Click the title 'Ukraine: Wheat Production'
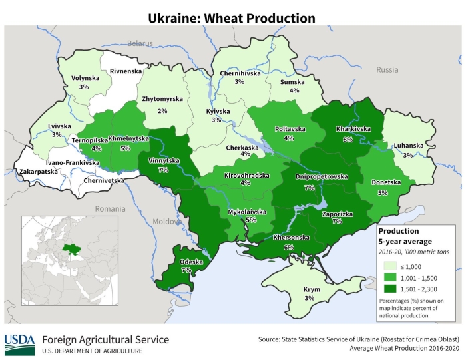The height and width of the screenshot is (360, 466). pyautogui.click(x=232, y=17)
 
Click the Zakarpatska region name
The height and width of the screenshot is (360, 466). pyautogui.click(x=39, y=172)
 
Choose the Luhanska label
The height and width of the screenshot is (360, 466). pyautogui.click(x=408, y=146)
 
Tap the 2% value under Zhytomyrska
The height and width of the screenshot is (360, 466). pyautogui.click(x=162, y=111)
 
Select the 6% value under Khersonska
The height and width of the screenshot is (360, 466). pyautogui.click(x=289, y=247)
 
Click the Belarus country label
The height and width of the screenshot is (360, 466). pyautogui.click(x=140, y=43)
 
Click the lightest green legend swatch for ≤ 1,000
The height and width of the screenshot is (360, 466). pyautogui.click(x=391, y=265)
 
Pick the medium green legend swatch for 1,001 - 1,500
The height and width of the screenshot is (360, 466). pyautogui.click(x=391, y=277)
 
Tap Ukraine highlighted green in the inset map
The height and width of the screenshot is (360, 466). pyautogui.click(x=68, y=249)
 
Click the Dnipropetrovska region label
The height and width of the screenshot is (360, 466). pyautogui.click(x=322, y=177)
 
